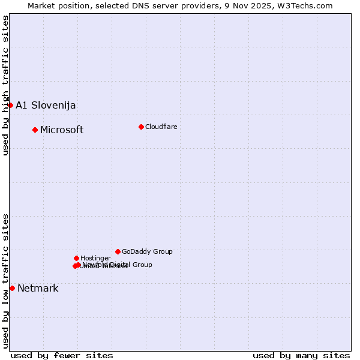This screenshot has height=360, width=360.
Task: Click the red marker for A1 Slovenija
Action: click(x=10, y=105)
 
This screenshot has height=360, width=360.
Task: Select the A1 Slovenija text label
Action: click(x=46, y=106)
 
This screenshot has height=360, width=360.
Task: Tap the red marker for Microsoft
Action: click(x=35, y=130)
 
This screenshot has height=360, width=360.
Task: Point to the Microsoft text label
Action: click(x=62, y=130)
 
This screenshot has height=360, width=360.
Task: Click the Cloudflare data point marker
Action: click(x=141, y=127)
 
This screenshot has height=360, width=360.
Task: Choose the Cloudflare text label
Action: click(x=161, y=127)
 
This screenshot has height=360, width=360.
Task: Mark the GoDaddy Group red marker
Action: click(x=118, y=251)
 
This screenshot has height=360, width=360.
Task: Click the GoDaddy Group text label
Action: click(x=147, y=252)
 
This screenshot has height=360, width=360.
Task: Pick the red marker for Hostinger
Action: click(x=76, y=258)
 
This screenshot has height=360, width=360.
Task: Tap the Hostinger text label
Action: click(x=95, y=259)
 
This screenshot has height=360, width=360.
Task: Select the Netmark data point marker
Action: click(x=12, y=288)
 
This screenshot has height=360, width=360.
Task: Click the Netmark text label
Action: click(x=38, y=289)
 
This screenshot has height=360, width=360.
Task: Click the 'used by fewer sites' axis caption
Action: click(x=62, y=355)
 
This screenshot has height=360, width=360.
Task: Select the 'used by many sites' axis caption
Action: click(x=301, y=355)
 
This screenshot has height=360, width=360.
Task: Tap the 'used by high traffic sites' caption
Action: click(x=5, y=85)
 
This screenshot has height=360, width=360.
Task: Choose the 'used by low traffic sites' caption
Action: click(x=5, y=281)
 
